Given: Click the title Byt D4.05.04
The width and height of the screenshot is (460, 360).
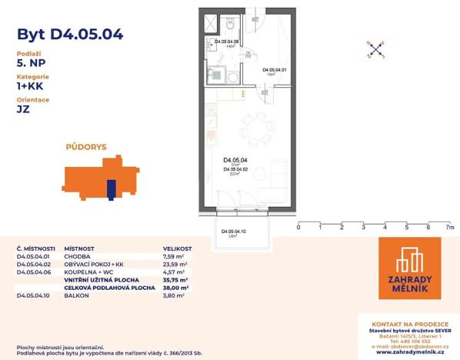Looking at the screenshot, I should coord(69,34).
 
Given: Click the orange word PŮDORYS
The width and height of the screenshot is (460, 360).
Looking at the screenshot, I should coord(85,145).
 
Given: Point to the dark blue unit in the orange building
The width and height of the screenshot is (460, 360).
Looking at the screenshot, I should coord(111,188).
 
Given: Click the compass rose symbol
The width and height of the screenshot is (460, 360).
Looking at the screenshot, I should coord(375,50).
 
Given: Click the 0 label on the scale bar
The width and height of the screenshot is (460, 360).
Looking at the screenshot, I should coord(298,228).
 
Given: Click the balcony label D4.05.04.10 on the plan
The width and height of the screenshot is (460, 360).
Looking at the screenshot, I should coord(234,232).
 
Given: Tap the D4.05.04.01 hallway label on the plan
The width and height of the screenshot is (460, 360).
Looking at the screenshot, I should coord(274,70).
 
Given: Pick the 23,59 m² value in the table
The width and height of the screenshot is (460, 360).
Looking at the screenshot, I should coord(177,264).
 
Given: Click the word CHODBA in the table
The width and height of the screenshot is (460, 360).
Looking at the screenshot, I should coord(78,256).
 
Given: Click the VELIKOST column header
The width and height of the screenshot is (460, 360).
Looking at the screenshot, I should coord(178,248).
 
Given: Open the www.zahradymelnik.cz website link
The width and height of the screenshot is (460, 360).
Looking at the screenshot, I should coord(409,353).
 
